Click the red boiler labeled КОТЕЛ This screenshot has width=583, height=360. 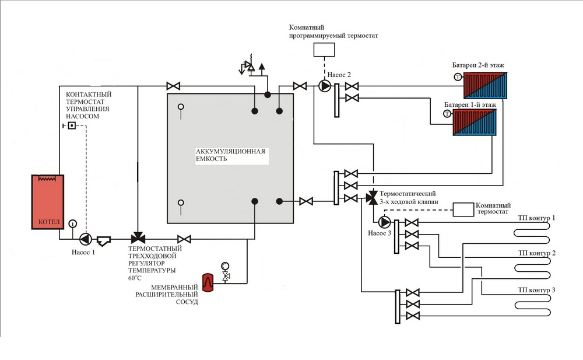pyautogui.click(x=48, y=202)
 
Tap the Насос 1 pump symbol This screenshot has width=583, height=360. pyautogui.click(x=86, y=239)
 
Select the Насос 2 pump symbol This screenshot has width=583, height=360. pyautogui.click(x=325, y=86)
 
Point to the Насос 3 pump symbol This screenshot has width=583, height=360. pyautogui.click(x=384, y=222)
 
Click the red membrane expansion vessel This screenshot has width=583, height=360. pyautogui.click(x=208, y=282)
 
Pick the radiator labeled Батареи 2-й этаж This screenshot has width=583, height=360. pyautogui.click(x=485, y=86)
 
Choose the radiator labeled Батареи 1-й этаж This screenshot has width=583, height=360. pyautogui.click(x=475, y=123)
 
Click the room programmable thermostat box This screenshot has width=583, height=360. pyautogui.click(x=324, y=50)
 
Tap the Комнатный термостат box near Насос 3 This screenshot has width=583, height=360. pyautogui.click(x=463, y=209)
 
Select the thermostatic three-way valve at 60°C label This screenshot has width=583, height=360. pyautogui.click(x=138, y=238)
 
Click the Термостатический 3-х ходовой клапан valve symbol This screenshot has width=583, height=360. pyautogui.click(x=372, y=197)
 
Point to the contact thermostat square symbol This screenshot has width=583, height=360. pyautogui.click(x=72, y=126)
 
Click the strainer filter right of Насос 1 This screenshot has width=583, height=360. pyautogui.click(x=104, y=240)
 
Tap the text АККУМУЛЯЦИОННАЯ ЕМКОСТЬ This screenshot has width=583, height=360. pyautogui.click(x=230, y=155)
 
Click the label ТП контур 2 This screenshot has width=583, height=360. pyautogui.click(x=537, y=253)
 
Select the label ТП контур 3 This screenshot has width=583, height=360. pyautogui.click(x=536, y=290)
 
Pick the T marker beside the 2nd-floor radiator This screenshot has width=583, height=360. pyautogui.click(x=458, y=77)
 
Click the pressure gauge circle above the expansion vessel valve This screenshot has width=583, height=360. pyautogui.click(x=225, y=266)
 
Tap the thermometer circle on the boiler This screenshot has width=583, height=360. pyautogui.click(x=72, y=223)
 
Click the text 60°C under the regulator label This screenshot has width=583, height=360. pyautogui.click(x=135, y=278)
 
